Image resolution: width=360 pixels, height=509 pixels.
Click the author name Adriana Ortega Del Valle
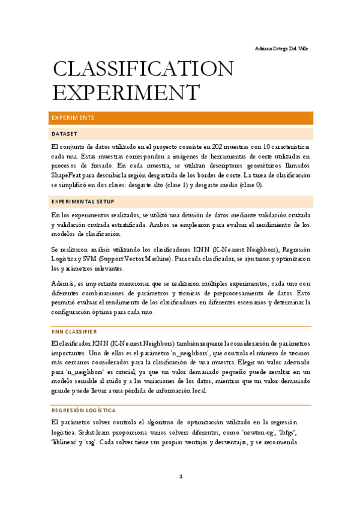(281, 48)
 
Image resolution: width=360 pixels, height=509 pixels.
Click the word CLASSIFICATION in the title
(143, 70)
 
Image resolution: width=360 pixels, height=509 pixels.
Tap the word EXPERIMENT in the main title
(125, 94)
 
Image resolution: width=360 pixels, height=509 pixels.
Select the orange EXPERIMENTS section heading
(73, 118)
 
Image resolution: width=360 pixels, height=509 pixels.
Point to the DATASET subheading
(64, 134)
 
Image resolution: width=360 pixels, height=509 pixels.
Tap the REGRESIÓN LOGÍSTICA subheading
(84, 410)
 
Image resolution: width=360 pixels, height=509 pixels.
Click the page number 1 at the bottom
(180, 477)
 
